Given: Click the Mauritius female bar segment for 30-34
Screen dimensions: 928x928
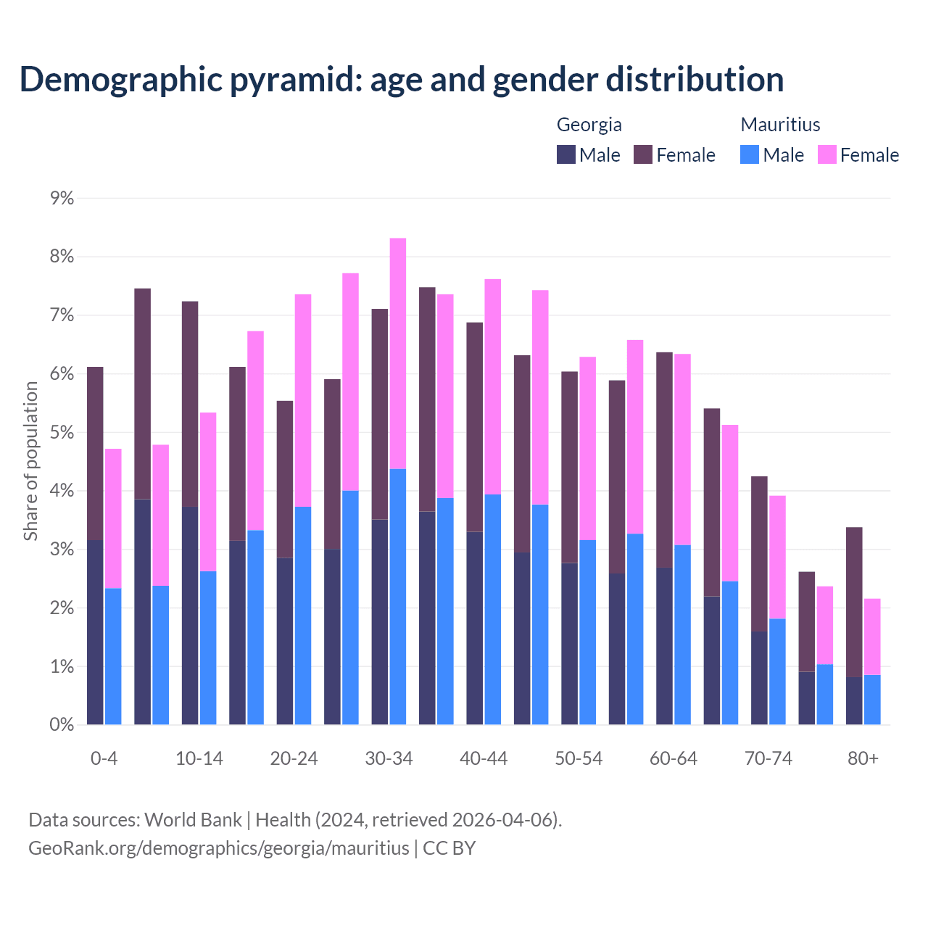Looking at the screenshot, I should tap(398, 354).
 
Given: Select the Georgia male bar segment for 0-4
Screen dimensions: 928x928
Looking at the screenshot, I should tap(95, 632).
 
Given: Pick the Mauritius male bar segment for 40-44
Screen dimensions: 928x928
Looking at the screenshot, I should tap(493, 609).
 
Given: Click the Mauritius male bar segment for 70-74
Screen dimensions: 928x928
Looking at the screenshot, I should tap(777, 671).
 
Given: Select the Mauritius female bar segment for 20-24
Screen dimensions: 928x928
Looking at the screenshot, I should tap(303, 400).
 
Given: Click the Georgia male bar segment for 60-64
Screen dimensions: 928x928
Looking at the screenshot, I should tap(664, 646).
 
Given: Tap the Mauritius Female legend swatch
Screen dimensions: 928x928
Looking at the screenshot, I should tap(826, 154).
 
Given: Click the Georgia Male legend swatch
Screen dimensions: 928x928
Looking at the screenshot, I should tap(566, 154).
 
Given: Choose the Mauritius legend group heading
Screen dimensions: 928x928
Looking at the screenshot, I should tap(780, 125).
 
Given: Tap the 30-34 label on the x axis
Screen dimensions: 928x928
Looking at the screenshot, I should tap(389, 758).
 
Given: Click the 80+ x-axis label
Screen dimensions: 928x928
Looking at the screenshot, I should tap(863, 758).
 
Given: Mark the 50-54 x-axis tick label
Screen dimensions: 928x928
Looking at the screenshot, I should tap(579, 758).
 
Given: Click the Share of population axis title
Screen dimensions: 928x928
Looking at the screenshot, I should tap(30, 461).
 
